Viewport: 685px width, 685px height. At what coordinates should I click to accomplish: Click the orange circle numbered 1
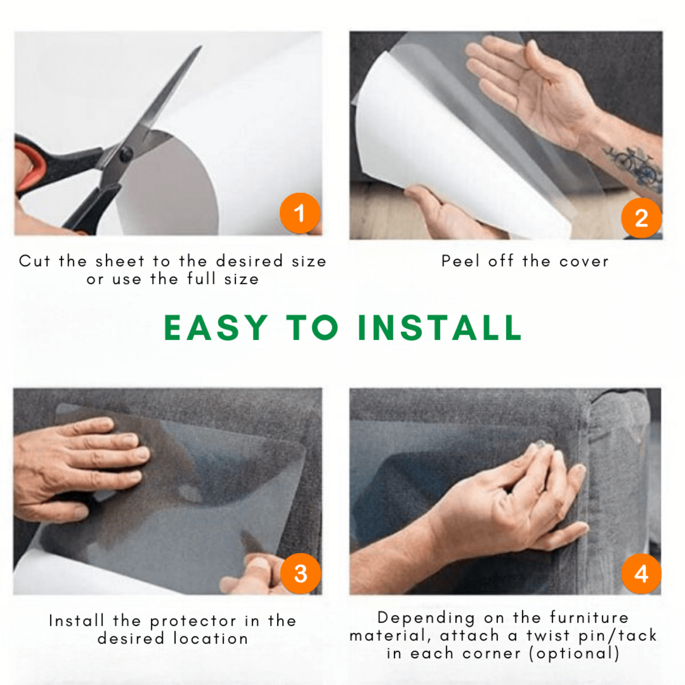(300, 213)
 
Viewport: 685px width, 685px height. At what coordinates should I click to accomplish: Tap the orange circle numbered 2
(641, 218)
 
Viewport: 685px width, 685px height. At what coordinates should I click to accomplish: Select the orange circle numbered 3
(300, 574)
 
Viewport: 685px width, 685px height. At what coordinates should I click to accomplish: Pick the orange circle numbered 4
(641, 574)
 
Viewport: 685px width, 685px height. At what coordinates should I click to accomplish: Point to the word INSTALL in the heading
(440, 328)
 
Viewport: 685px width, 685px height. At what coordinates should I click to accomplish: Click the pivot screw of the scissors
(126, 154)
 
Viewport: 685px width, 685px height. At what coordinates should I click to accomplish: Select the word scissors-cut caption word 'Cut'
(34, 261)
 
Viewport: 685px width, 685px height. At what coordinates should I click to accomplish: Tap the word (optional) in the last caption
(574, 653)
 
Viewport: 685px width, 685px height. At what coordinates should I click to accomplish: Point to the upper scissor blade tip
(201, 46)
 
